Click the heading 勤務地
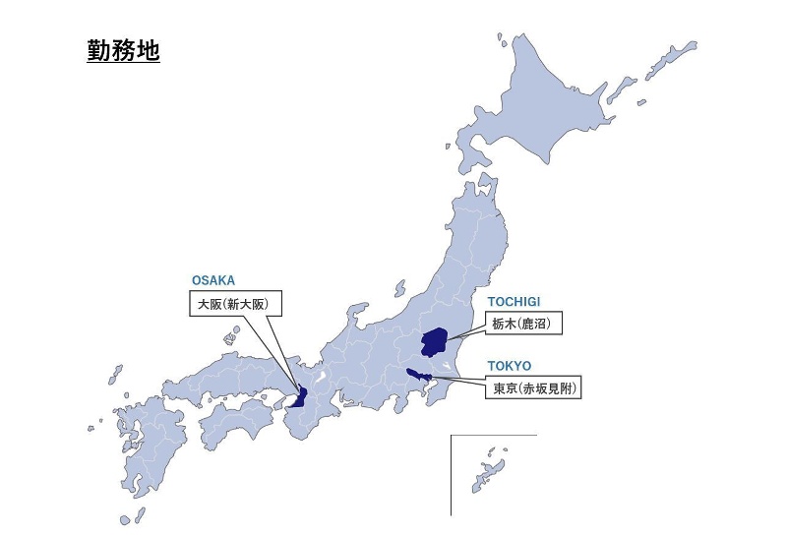pos(123,50)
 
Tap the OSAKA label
pos(213,280)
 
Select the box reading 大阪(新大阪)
pos(233,305)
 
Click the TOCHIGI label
pos(515,301)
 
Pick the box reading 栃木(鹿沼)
pos(524,324)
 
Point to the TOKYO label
pos(509,366)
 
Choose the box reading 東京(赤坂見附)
pos(533,388)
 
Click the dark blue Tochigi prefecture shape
pos(434,340)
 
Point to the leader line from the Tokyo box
pos(462,379)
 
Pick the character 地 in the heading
pos(147,50)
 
